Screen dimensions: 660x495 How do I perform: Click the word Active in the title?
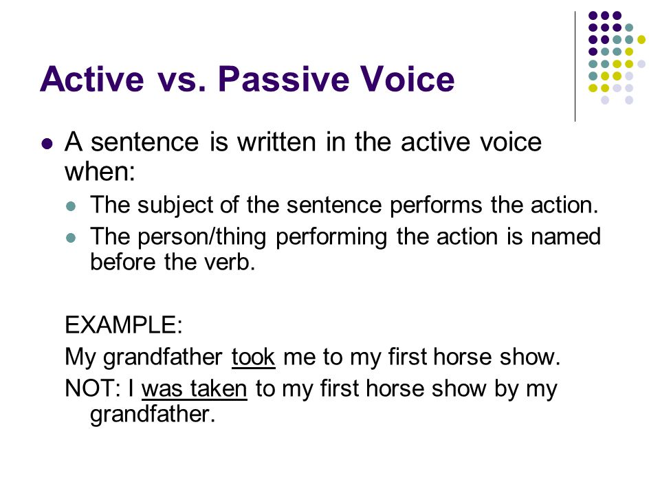click(92, 78)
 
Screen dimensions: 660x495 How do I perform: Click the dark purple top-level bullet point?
click(47, 144)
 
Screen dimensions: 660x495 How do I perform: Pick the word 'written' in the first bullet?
click(276, 142)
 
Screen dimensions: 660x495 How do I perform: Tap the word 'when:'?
click(100, 172)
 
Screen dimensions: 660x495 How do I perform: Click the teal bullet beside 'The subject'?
click(71, 206)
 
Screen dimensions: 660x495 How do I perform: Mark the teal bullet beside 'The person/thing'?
click(71, 238)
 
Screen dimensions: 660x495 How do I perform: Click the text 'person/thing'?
click(202, 237)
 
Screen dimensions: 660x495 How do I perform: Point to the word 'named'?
click(566, 236)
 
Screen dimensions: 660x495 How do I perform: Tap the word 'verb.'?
click(230, 262)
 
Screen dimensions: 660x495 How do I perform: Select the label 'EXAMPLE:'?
click(124, 324)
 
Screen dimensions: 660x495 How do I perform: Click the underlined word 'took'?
click(254, 357)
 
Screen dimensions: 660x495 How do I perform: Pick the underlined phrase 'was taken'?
click(195, 388)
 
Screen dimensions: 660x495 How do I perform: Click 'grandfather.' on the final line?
click(153, 415)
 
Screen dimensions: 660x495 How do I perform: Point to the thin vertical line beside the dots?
click(575, 67)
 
